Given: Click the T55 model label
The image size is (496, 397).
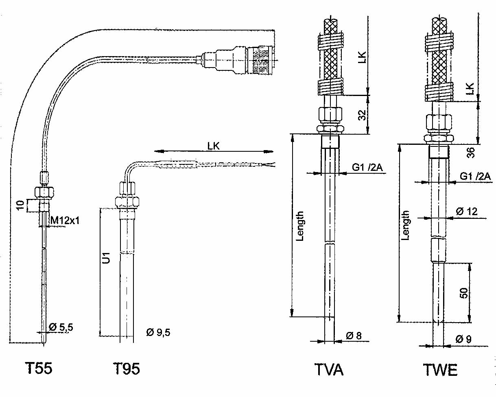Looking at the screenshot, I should (39, 369).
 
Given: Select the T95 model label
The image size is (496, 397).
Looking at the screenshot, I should (126, 369).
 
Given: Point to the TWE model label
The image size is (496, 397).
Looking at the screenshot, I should (440, 370).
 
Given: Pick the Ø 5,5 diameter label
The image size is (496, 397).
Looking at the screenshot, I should (61, 327).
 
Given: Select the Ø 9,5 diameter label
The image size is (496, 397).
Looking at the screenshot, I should (158, 332).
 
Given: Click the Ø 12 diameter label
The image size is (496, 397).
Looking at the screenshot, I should (467, 212).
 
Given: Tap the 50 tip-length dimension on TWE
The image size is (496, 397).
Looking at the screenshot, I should (464, 292).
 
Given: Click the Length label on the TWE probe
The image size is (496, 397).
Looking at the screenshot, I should (405, 225).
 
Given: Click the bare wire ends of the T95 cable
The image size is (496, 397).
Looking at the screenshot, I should (269, 164).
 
